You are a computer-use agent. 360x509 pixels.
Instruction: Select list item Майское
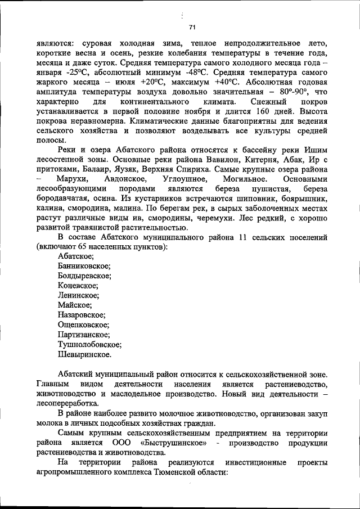[x=76, y=305]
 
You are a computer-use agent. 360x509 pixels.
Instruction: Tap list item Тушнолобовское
[x=89, y=344]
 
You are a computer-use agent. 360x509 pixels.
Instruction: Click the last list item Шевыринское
[x=84, y=354]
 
